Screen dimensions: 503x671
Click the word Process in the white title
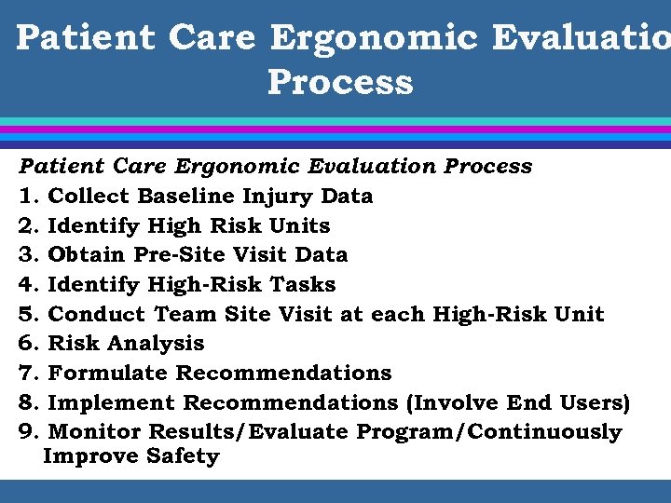pos(340,82)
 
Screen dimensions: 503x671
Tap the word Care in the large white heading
pos(212,37)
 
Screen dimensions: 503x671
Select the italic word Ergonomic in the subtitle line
pos(237,167)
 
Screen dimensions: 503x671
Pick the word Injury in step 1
pos(277,197)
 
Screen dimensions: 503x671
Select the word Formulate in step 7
pos(108,374)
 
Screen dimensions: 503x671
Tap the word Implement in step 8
pos(111,403)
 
